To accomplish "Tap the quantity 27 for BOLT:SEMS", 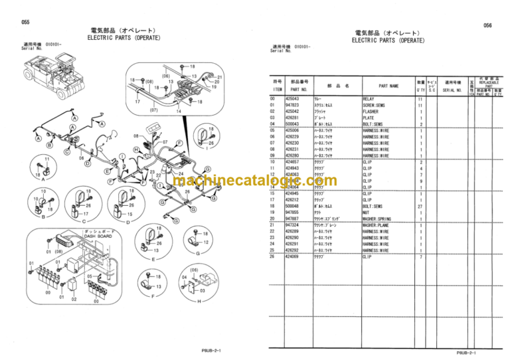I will pyautogui.click(x=420, y=206).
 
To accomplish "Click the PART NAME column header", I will pyautogui.click(x=388, y=86).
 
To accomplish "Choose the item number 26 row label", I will pyautogui.click(x=272, y=256).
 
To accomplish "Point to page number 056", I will pyautogui.click(x=487, y=25).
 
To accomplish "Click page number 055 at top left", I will pyautogui.click(x=25, y=22).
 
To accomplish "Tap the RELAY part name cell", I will pyautogui.click(x=369, y=98).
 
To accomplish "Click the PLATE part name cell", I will pyautogui.click(x=369, y=118).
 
